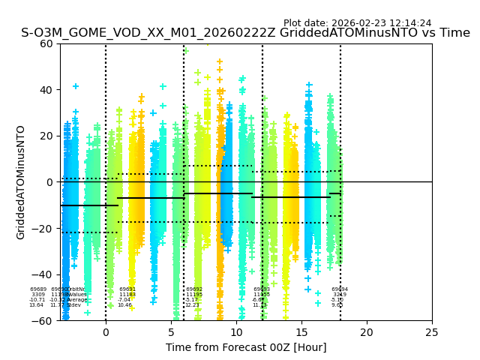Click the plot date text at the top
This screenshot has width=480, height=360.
click(357, 23)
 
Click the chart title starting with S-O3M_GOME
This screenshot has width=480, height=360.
click(245, 33)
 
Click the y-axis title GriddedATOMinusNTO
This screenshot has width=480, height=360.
click(21, 182)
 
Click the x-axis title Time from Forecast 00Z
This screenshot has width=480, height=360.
click(246, 347)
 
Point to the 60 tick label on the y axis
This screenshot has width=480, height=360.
click(46, 43)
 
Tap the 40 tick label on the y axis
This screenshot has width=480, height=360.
click(46, 90)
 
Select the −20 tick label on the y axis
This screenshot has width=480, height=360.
click(43, 229)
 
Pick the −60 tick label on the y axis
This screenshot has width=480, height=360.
click(43, 321)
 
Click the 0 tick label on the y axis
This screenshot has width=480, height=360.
click(49, 182)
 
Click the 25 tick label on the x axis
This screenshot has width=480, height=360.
click(432, 331)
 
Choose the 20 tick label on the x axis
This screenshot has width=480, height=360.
click(367, 331)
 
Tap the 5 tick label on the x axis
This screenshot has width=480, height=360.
click(171, 331)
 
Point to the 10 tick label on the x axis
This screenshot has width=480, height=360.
click(236, 331)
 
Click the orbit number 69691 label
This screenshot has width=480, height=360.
click(127, 289)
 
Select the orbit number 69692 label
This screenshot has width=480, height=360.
click(194, 289)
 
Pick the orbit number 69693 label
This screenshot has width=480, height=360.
click(262, 289)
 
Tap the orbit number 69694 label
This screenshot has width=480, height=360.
click(340, 289)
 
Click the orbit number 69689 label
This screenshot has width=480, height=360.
click(38, 289)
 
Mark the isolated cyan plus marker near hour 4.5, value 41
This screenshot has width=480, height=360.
click(163, 87)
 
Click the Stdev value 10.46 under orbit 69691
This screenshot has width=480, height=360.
click(124, 305)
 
